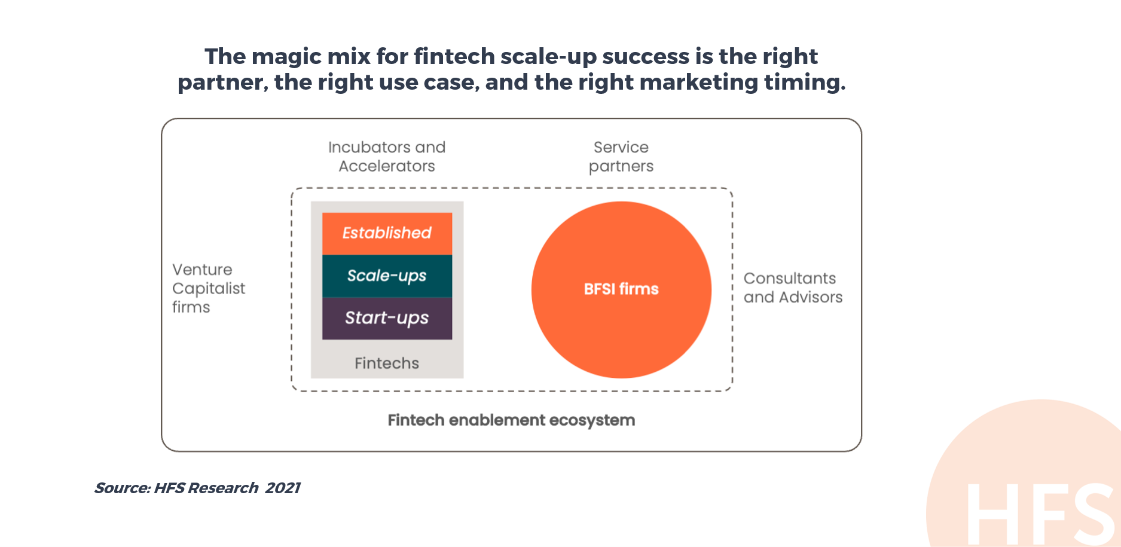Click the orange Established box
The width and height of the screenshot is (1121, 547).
click(x=387, y=234)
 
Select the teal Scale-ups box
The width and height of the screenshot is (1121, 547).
click(x=387, y=276)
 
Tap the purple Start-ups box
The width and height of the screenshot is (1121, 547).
click(x=387, y=319)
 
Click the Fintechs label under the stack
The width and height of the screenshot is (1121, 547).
click(x=387, y=363)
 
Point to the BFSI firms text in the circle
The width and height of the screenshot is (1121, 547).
click(x=621, y=289)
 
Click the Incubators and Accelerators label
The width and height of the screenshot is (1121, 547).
click(x=387, y=157)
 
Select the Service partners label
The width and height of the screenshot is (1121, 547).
click(x=621, y=157)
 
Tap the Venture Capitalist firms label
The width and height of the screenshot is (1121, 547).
click(x=209, y=288)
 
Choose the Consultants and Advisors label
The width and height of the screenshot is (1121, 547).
click(x=793, y=288)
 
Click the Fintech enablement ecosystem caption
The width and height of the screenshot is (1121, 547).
click(x=511, y=420)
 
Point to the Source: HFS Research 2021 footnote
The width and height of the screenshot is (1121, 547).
click(x=197, y=488)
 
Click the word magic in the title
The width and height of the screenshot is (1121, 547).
click(x=287, y=56)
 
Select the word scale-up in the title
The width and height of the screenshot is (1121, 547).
click(x=548, y=57)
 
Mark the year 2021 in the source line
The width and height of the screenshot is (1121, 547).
click(x=283, y=488)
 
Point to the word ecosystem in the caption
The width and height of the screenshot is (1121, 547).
click(x=592, y=420)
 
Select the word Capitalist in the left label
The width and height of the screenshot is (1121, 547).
click(x=209, y=289)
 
